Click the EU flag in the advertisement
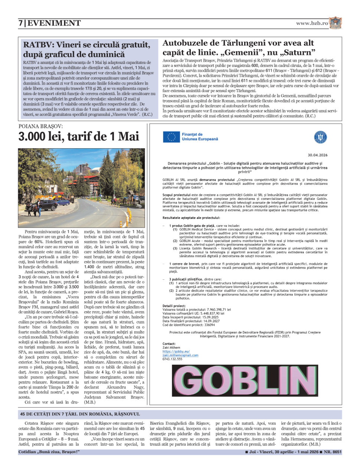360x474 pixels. pos(171,137)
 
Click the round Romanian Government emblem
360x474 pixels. pos(320,137)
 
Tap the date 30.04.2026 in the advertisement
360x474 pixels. pos(318,155)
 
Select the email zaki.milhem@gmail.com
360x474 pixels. pos(180,355)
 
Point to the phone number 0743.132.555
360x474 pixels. pos(172,359)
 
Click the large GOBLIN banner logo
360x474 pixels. pos(245,380)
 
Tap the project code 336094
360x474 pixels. pos(210,325)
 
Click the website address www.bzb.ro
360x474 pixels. pos(312,23)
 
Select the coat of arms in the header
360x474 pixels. pos(335,23)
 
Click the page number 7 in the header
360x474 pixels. pos(21,23)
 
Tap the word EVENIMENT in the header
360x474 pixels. pos(54,23)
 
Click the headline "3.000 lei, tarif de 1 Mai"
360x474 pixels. pos(79,136)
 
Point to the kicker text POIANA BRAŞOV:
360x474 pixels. pos(41,126)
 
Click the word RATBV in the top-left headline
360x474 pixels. pos(37,45)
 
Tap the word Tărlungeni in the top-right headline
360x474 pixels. pos(245,43)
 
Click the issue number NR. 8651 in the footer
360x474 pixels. pos(332,452)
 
